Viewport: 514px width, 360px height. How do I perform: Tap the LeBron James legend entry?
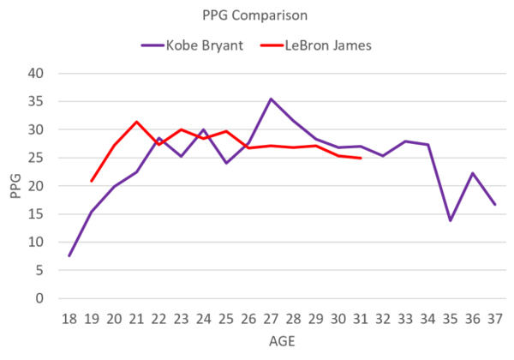click(x=330, y=45)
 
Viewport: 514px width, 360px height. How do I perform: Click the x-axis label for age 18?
click(x=69, y=318)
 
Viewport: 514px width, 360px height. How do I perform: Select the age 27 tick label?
click(x=272, y=318)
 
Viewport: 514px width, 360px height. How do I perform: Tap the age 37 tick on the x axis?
click(x=495, y=318)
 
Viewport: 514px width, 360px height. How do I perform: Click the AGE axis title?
click(x=282, y=340)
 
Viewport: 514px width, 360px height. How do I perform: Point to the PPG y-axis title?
click(x=15, y=186)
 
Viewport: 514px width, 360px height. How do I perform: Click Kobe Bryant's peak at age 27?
click(x=271, y=99)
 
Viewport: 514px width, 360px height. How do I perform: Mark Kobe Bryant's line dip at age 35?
click(x=451, y=220)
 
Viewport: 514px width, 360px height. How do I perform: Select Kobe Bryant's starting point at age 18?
click(x=69, y=255)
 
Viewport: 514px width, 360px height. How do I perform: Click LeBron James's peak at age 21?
click(x=136, y=122)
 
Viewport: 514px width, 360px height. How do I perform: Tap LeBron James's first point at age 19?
click(x=92, y=181)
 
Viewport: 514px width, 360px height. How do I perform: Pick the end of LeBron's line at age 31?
click(x=361, y=159)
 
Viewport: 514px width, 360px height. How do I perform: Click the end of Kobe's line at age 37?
click(x=495, y=204)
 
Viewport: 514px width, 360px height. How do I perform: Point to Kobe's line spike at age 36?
click(x=473, y=173)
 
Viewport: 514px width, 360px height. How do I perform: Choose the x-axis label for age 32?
click(x=383, y=318)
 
